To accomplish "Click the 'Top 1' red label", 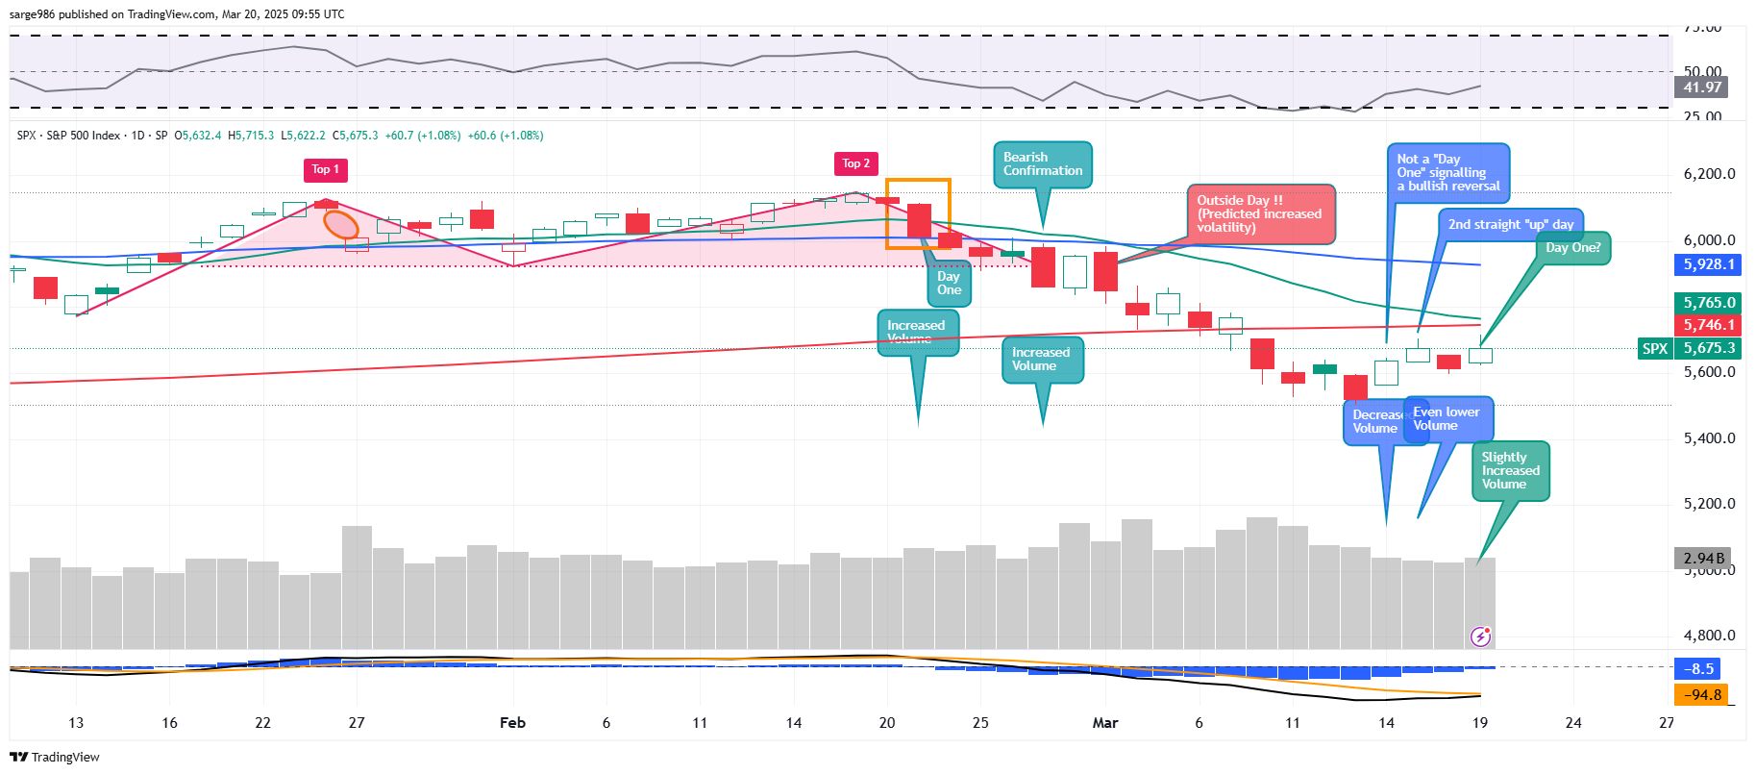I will [x=325, y=169].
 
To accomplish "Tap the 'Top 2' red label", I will [x=855, y=163].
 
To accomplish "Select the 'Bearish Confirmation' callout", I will [x=1042, y=164].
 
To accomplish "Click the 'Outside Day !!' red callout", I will [x=1260, y=213].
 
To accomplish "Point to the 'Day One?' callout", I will [x=1572, y=248].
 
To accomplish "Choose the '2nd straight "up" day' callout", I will [x=1510, y=225].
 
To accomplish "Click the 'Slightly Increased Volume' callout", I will [x=1510, y=471].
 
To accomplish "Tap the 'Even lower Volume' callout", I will [x=1447, y=419].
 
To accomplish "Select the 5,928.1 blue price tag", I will [x=1708, y=264].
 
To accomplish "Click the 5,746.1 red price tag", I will [x=1708, y=325].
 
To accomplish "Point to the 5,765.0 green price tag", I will [x=1708, y=303].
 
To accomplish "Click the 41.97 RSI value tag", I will [x=1701, y=87].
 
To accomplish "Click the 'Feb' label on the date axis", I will [x=512, y=723].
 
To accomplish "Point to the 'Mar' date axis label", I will [x=1105, y=723].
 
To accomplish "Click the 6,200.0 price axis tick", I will [x=1709, y=174].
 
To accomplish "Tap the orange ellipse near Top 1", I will [x=341, y=225].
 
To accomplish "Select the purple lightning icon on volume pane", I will [x=1481, y=637].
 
